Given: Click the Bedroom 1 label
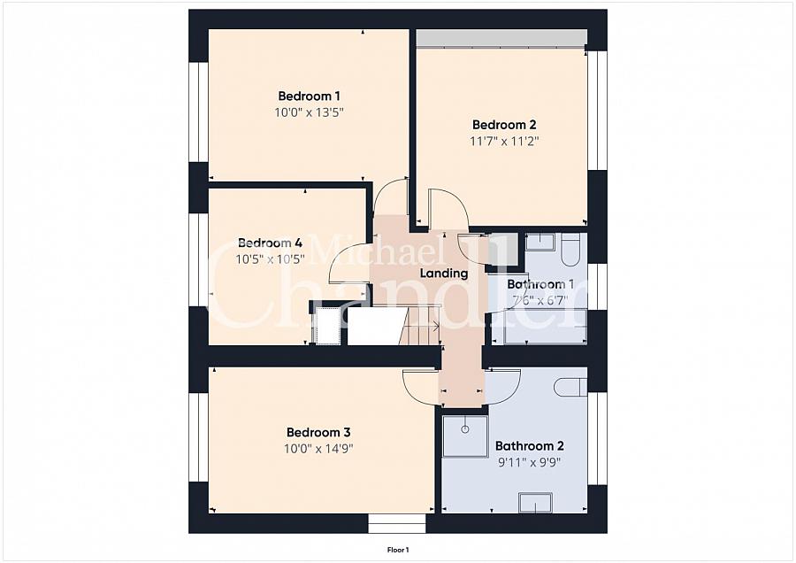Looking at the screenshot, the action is click(309, 96).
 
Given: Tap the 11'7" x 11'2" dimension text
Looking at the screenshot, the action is click(504, 141).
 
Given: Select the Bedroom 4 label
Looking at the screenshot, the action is click(270, 243).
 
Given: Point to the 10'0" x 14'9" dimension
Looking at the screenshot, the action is click(318, 449).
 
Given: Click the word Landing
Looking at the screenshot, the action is click(444, 274).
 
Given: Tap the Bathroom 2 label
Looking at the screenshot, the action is click(530, 446).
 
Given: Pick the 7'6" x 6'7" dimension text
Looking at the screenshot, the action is click(540, 300).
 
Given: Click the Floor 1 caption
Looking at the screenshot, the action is click(398, 550).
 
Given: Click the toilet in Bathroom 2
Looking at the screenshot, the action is click(570, 387).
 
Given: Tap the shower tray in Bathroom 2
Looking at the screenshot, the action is click(465, 436).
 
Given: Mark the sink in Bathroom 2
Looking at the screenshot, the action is click(535, 502).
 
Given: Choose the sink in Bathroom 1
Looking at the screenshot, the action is click(540, 242).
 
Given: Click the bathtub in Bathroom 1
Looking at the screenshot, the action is click(540, 327).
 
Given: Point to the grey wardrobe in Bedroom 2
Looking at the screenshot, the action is click(501, 38).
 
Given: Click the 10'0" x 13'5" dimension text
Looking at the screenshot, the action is click(310, 112).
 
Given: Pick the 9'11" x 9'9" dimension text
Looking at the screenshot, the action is click(530, 462).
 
